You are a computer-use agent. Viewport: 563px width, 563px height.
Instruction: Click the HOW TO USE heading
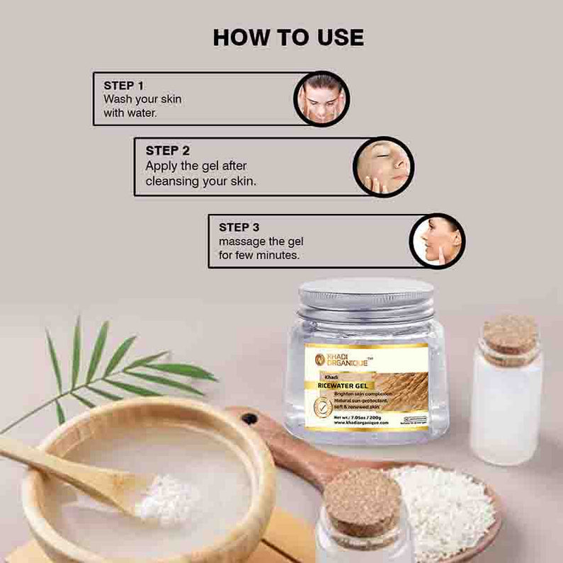tap(288, 37)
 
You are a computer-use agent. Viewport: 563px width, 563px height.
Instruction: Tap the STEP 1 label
tap(124, 85)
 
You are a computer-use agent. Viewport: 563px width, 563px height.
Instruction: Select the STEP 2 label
tap(167, 150)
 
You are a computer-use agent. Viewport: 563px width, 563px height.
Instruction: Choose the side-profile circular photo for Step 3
tap(438, 241)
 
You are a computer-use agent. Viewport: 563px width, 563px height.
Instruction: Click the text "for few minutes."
tap(258, 254)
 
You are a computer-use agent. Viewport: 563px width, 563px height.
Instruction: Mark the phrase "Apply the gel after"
tap(196, 166)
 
